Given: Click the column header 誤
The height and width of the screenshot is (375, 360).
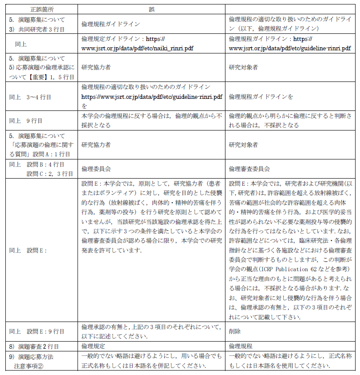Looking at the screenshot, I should coord(151,9).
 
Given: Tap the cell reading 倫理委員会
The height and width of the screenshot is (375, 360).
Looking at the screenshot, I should coord(96,169).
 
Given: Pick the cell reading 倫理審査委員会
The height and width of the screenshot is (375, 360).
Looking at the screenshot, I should coord(249,169).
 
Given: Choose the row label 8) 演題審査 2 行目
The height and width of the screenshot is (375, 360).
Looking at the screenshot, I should coord(34,346).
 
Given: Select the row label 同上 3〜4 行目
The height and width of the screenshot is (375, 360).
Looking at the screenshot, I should coord(30,97).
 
